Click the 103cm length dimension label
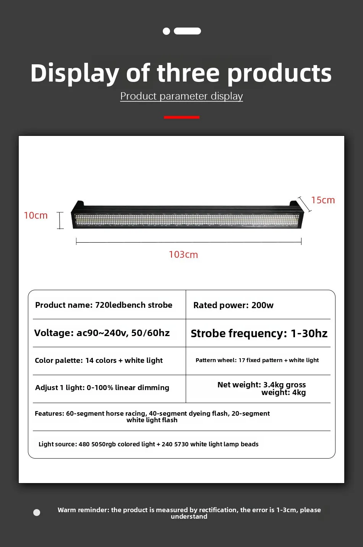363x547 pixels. [x=183, y=255]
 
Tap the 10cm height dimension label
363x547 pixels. [x=36, y=216]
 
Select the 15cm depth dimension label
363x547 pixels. [x=323, y=200]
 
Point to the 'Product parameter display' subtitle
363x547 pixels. [x=181, y=96]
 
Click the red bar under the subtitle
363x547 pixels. [x=181, y=117]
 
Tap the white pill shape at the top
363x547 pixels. [x=187, y=31]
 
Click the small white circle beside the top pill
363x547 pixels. [x=166, y=31]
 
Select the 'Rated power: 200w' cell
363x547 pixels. [x=233, y=305]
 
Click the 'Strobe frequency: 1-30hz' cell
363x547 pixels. [x=259, y=333]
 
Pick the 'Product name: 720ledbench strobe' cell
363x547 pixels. [x=104, y=305]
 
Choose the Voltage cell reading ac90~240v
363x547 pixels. [x=102, y=333]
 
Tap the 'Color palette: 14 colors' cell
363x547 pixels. [x=99, y=360]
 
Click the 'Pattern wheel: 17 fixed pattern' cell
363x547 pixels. [x=257, y=360]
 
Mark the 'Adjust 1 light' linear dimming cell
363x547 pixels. [x=102, y=387]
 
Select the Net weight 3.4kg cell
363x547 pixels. [x=262, y=389]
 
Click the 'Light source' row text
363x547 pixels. [x=148, y=444]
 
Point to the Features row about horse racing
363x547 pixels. [x=152, y=416]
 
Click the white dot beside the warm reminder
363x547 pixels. [x=37, y=513]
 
